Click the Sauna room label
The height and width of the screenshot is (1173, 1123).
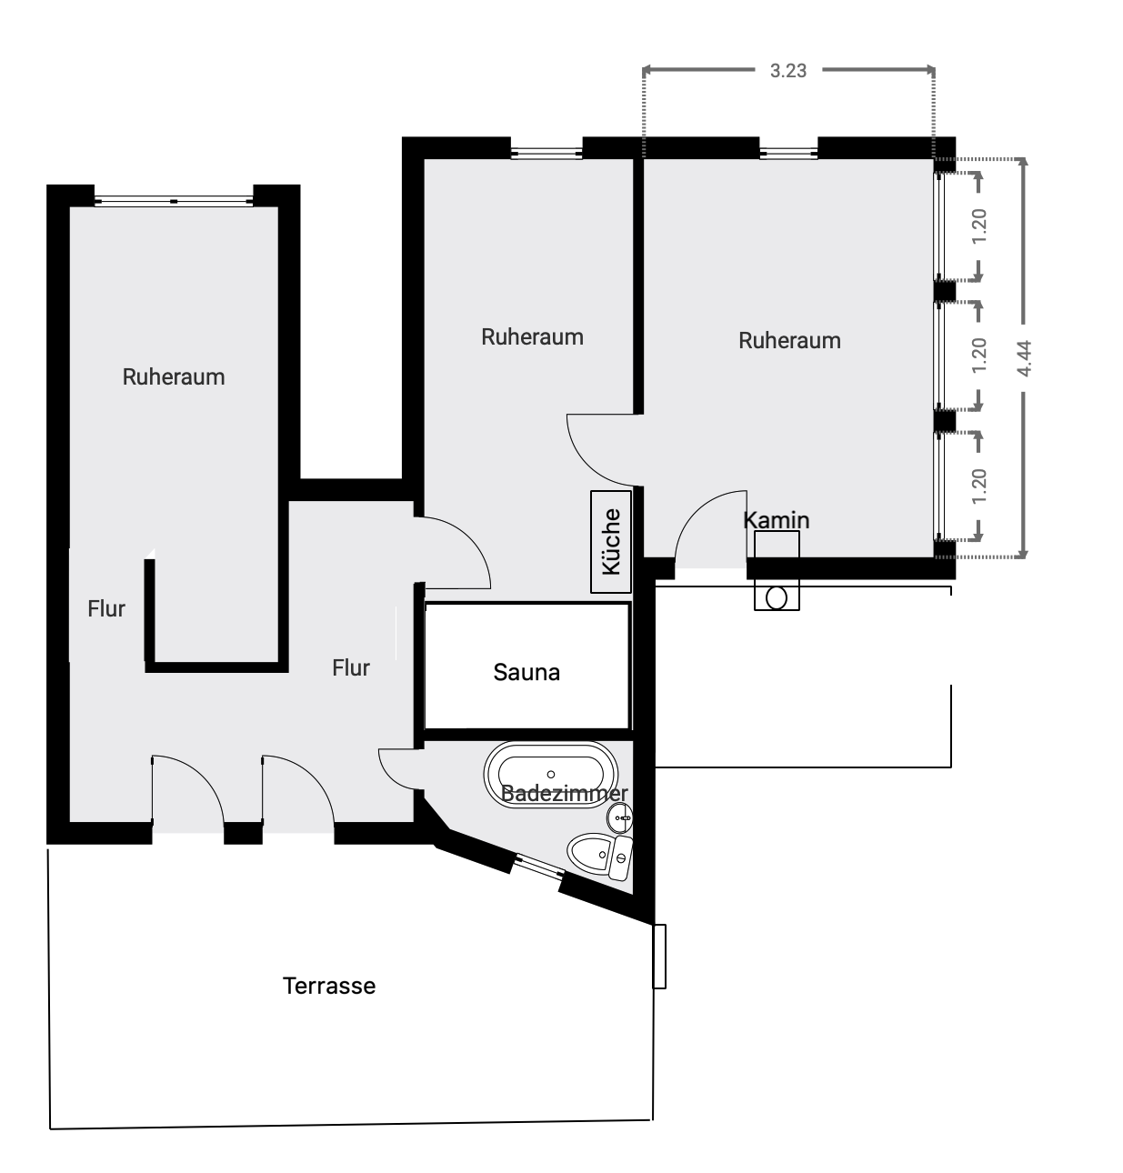click(x=526, y=672)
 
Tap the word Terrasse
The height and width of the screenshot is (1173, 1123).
click(x=329, y=987)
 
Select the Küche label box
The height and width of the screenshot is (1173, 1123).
click(x=611, y=541)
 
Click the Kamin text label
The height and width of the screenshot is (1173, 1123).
click(x=776, y=519)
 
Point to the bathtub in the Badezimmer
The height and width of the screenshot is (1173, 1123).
click(x=550, y=775)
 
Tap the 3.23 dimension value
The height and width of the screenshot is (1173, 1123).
click(x=787, y=71)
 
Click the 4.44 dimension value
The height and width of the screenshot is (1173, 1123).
click(x=1024, y=358)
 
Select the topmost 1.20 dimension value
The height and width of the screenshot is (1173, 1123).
click(x=979, y=226)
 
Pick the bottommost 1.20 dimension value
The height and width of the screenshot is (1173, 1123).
click(x=979, y=486)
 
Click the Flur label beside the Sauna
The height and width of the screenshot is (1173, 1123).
click(x=351, y=667)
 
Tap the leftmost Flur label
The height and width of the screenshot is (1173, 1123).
click(x=106, y=609)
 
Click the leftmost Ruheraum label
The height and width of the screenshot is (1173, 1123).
click(x=174, y=376)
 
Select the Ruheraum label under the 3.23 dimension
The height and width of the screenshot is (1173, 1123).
click(x=789, y=341)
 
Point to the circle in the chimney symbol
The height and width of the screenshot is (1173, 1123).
click(x=777, y=598)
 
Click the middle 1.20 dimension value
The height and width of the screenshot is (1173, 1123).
click(x=979, y=355)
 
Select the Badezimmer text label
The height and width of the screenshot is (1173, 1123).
click(x=564, y=793)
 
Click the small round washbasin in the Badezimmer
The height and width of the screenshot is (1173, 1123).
click(x=620, y=818)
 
